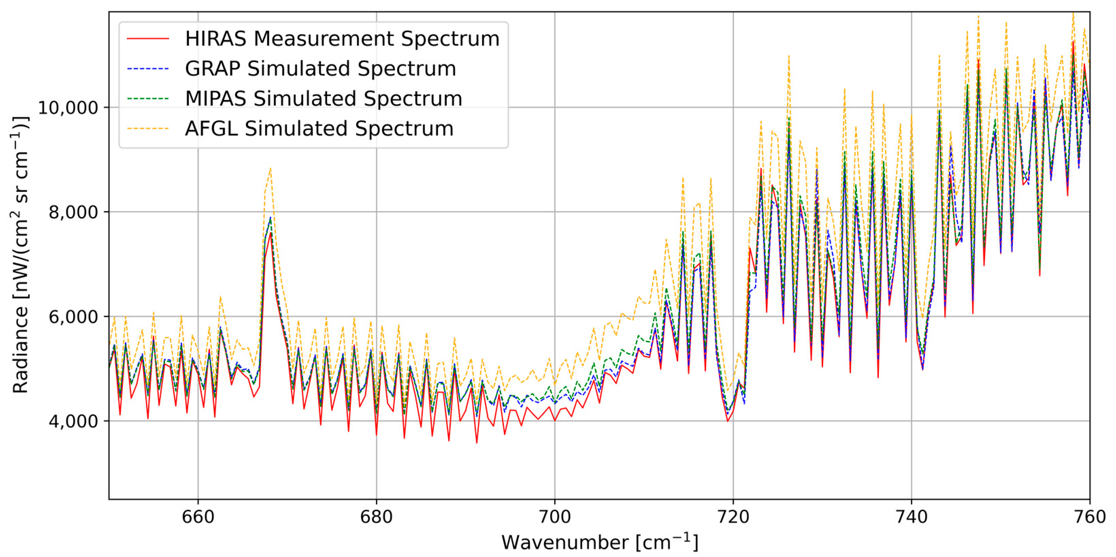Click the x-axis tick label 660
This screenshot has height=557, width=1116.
(x=198, y=517)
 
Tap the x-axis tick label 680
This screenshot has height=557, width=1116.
(x=376, y=517)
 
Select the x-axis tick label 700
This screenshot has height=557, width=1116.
(x=555, y=517)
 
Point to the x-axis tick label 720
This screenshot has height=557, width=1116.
(x=733, y=517)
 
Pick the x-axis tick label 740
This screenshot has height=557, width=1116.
(x=912, y=517)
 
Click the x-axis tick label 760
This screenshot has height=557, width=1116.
(x=1089, y=517)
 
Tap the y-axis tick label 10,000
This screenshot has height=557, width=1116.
(x=68, y=108)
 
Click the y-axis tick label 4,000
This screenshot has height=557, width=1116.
(x=73, y=421)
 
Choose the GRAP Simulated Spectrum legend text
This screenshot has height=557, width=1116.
(x=321, y=68)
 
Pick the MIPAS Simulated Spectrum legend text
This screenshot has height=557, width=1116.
(x=324, y=98)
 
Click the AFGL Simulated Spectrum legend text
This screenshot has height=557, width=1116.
(x=319, y=129)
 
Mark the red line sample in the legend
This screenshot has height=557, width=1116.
(x=148, y=38)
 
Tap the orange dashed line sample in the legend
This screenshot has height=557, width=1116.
(x=148, y=129)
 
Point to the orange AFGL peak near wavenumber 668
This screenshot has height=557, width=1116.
(x=270, y=168)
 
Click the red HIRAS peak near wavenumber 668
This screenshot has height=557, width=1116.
(x=271, y=233)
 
